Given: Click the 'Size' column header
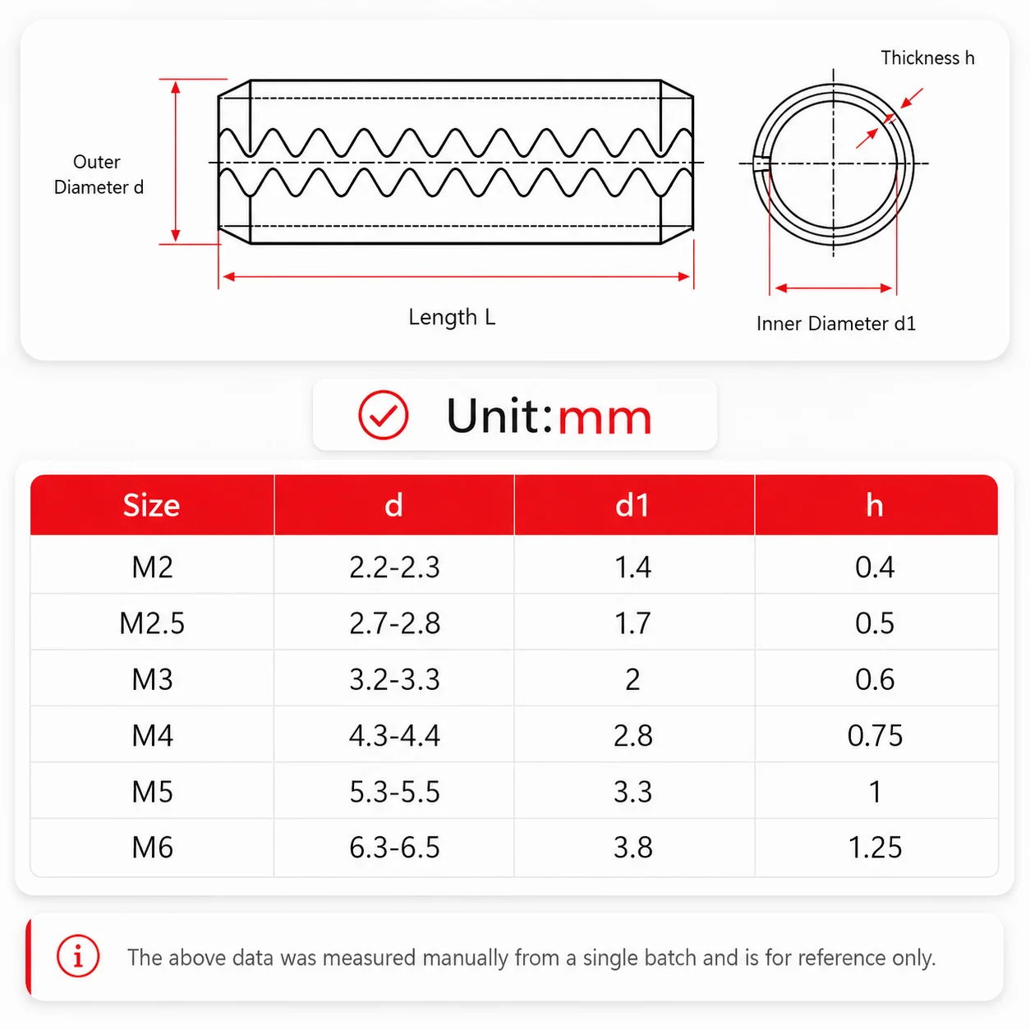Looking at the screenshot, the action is [x=151, y=505].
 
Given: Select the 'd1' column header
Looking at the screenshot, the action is [x=632, y=505].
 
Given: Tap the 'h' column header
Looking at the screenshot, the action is [x=875, y=505].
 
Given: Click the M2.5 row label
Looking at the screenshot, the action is [x=152, y=623].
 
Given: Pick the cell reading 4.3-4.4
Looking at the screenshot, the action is [x=394, y=735].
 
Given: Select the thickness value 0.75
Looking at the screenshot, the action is [x=875, y=735].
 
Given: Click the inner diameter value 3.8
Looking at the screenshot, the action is [x=632, y=848].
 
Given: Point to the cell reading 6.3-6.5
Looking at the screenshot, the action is [x=394, y=848].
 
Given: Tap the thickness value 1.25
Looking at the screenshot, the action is [x=875, y=848].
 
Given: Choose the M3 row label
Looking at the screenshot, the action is [x=152, y=680].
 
